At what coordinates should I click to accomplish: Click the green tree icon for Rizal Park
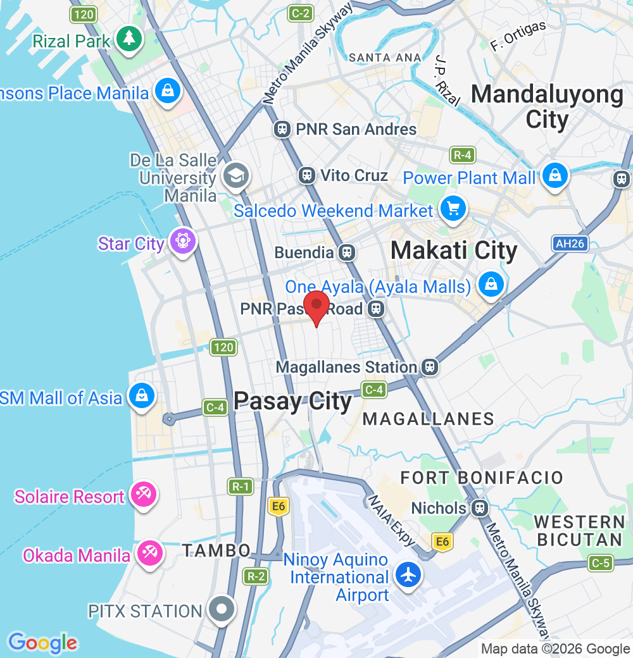(x=129, y=39)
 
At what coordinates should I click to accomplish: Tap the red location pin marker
(x=316, y=307)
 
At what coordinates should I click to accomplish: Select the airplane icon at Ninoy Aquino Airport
(x=409, y=575)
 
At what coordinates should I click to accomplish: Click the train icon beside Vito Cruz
(x=307, y=175)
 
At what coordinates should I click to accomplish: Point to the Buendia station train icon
(x=346, y=252)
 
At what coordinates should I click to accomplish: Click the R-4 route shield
(x=463, y=155)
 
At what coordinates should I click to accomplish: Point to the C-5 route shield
(x=600, y=562)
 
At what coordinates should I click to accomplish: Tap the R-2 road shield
(x=255, y=576)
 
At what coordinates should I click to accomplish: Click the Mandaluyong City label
(x=547, y=106)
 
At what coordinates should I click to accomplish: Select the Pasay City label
(x=292, y=402)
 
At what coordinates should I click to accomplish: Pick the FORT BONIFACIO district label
(x=482, y=477)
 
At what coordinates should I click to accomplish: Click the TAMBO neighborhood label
(x=216, y=550)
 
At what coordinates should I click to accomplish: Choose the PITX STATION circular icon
(x=221, y=610)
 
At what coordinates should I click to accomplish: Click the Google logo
(x=42, y=643)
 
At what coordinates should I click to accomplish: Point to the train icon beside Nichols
(x=480, y=507)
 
